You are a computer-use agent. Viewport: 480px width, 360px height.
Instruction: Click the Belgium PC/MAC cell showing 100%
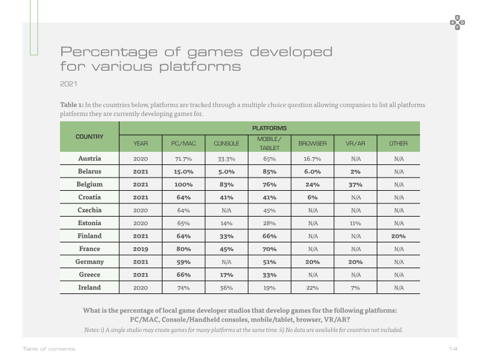[184, 185]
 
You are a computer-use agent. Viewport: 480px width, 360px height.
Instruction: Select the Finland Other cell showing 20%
[398, 236]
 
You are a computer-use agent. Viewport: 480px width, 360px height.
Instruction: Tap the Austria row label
[89, 158]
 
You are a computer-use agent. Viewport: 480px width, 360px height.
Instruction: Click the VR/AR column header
[355, 143]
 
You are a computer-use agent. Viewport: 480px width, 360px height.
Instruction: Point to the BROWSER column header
[312, 143]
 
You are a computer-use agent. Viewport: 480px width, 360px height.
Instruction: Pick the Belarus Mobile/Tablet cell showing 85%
[269, 172]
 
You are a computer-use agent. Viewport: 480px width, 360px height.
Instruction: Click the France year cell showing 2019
[140, 249]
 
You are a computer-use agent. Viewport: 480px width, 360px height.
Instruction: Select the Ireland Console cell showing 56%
[227, 288]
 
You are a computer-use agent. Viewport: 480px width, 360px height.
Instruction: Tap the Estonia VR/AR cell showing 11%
[355, 223]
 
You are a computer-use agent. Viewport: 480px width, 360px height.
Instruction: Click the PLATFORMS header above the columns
[269, 128]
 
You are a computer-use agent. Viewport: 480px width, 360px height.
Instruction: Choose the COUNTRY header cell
[89, 137]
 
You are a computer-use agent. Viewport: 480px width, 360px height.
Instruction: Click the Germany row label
[89, 262]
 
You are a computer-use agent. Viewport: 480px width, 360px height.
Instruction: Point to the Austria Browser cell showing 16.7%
[312, 159]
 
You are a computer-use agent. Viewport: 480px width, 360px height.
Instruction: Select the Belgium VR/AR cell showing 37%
[355, 185]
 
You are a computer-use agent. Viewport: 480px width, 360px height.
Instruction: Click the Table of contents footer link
[49, 349]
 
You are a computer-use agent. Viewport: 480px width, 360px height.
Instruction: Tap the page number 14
[453, 349]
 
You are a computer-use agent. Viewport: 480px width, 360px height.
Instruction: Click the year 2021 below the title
[68, 84]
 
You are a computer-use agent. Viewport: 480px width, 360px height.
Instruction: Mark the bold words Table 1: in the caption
[71, 104]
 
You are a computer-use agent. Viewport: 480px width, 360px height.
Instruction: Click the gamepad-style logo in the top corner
[457, 22]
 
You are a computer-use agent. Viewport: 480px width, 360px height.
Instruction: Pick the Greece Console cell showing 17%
[227, 275]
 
